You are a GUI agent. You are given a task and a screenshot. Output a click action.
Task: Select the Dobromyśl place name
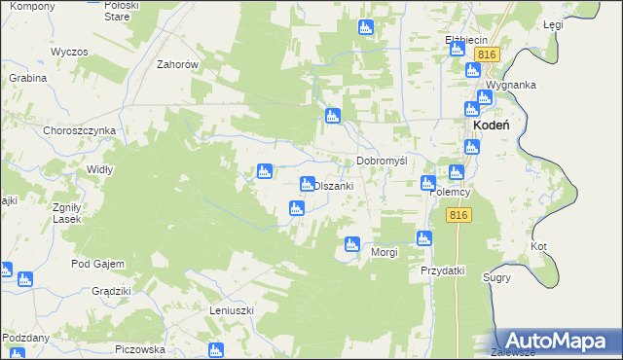[x=382, y=161]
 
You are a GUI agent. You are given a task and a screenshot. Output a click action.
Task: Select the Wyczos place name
[x=70, y=51]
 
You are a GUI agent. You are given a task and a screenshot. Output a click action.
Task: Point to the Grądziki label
[x=111, y=291]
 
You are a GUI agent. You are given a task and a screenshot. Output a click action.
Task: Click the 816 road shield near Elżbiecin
[x=488, y=54]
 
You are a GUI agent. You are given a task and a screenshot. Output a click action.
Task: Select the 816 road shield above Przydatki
[x=460, y=215]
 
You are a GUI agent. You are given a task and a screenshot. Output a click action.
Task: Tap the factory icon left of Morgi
[x=351, y=244]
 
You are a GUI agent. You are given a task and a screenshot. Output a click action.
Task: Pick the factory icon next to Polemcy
[x=428, y=183]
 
